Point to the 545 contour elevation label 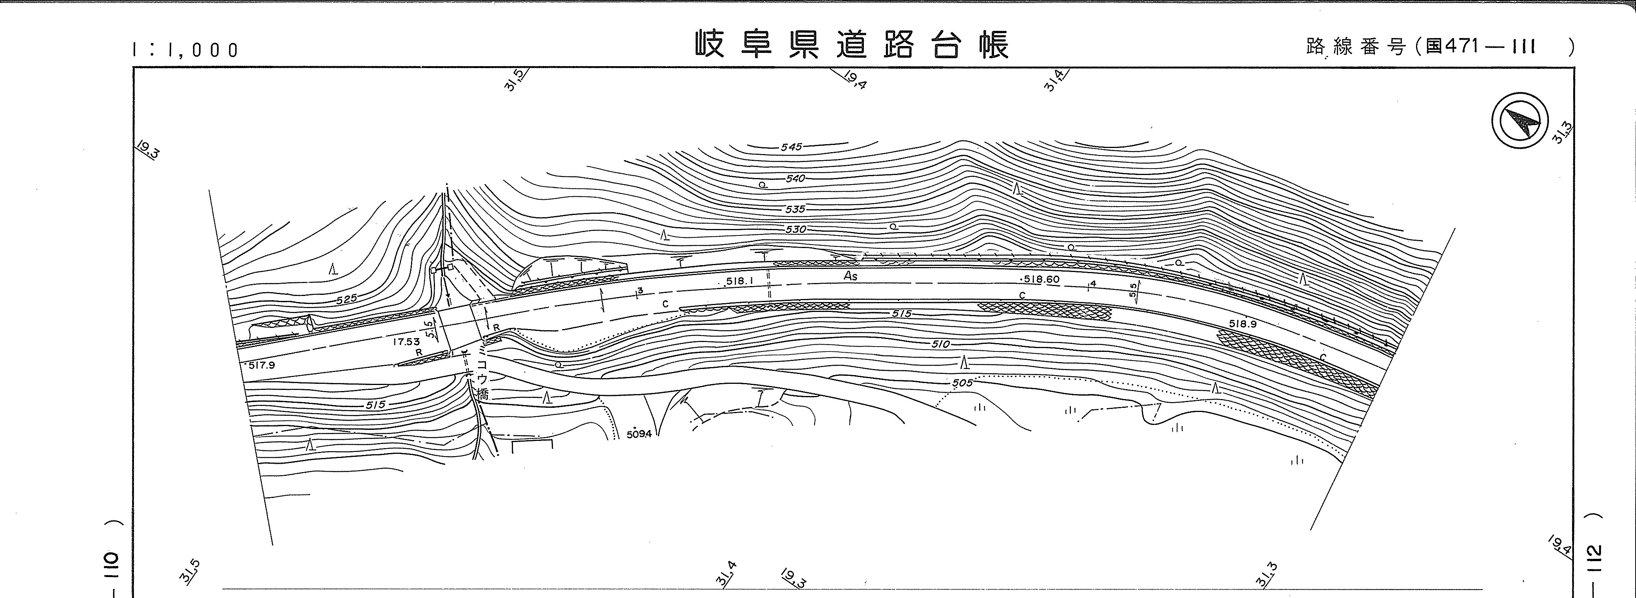(791, 146)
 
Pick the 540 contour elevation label (795, 178)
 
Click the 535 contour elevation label (795, 209)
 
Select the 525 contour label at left (347, 298)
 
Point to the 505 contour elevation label (962, 383)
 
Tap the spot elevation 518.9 (1242, 324)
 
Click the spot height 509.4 (639, 434)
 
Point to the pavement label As (851, 276)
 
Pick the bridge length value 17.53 (406, 342)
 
